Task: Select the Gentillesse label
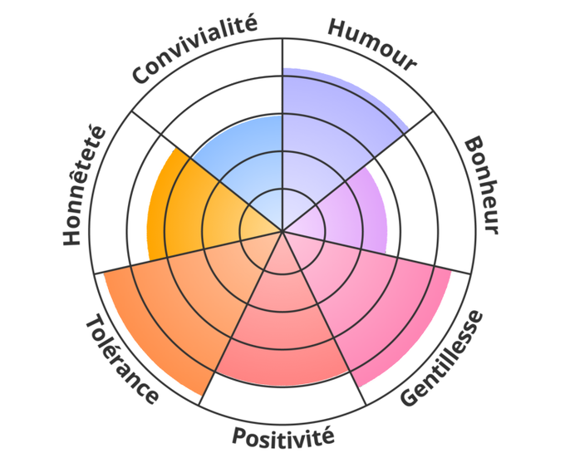click(x=441, y=358)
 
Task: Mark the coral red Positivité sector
click(x=282, y=341)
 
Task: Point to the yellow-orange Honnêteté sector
click(x=183, y=208)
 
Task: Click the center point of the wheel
click(x=282, y=231)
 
